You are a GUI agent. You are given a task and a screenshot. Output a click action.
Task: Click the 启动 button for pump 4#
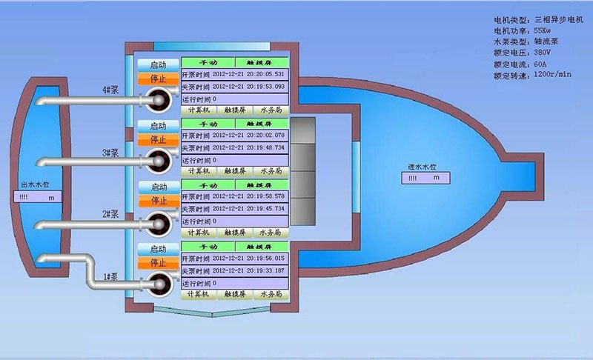[158, 64]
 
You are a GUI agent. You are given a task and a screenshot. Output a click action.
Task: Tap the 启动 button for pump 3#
[158, 126]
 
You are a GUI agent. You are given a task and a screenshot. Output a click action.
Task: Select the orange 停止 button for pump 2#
[158, 200]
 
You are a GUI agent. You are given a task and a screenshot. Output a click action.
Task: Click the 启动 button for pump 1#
[158, 250]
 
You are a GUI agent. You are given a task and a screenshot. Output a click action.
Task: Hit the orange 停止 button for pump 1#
[158, 262]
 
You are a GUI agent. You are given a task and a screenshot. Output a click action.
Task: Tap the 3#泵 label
[110, 153]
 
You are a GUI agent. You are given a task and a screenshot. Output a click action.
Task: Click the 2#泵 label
[110, 214]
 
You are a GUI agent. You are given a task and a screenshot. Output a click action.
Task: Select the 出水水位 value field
[39, 198]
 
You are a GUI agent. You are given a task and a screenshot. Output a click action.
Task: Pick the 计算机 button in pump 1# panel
[196, 294]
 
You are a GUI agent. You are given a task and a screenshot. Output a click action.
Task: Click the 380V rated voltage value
[542, 53]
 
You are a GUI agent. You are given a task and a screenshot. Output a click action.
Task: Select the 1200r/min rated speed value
[552, 75]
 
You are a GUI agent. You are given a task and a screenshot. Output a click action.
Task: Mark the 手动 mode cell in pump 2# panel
[208, 184]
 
